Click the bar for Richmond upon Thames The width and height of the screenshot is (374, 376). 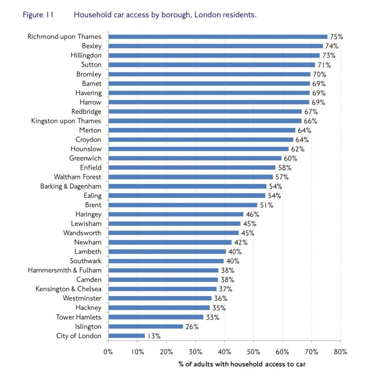(x=218, y=37)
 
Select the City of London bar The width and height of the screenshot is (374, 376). (x=127, y=336)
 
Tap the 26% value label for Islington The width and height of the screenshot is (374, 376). (x=192, y=327)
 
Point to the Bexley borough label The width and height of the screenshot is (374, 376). (x=92, y=46)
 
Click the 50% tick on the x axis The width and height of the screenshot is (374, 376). (x=253, y=352)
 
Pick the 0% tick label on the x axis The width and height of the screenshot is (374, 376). (x=108, y=352)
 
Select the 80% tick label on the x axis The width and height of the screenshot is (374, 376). (x=340, y=352)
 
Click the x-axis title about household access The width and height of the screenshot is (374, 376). (x=242, y=364)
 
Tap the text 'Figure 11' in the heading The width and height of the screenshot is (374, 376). (x=38, y=15)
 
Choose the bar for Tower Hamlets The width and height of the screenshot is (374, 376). (x=156, y=317)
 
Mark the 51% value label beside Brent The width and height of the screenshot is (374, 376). (x=266, y=205)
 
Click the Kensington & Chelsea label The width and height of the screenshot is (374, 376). (x=68, y=289)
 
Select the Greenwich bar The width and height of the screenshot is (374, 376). (x=195, y=158)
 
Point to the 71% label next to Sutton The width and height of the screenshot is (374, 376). (x=324, y=65)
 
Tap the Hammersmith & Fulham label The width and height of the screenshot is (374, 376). (x=65, y=270)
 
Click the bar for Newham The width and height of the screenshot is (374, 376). (x=170, y=243)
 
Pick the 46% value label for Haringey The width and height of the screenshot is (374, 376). (x=252, y=214)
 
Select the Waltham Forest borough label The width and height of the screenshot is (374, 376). (x=77, y=177)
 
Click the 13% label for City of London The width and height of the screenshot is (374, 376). (x=154, y=336)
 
